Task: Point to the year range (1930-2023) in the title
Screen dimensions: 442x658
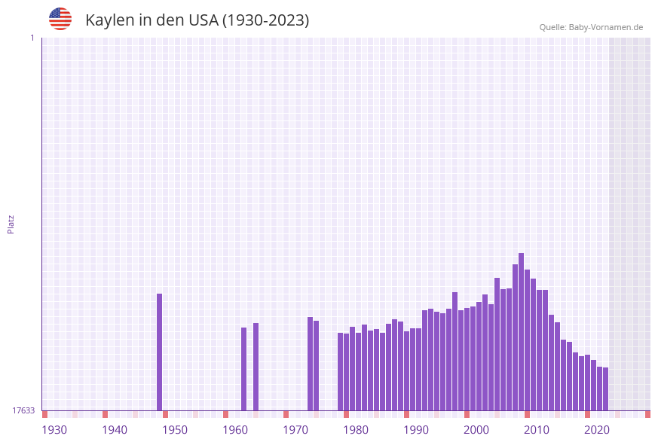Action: click(x=266, y=20)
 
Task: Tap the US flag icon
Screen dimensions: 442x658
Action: click(x=60, y=19)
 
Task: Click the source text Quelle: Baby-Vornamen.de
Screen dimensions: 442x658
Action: click(x=591, y=27)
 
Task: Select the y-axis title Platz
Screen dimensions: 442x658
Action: click(x=11, y=224)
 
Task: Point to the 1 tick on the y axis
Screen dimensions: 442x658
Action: click(x=32, y=38)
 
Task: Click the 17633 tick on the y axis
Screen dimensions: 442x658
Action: click(x=23, y=410)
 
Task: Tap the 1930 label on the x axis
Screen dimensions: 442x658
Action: click(x=54, y=430)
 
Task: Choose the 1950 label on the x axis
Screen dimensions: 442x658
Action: click(x=175, y=430)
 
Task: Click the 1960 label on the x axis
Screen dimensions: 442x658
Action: click(x=235, y=430)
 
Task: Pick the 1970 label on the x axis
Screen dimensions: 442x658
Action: click(x=295, y=430)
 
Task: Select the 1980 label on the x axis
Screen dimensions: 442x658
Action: click(x=356, y=430)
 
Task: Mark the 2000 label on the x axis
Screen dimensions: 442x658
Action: click(x=476, y=430)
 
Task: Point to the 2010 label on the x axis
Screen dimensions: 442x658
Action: click(x=537, y=430)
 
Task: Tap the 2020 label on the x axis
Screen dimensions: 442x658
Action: click(x=597, y=430)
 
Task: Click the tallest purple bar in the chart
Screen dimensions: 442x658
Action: click(x=521, y=331)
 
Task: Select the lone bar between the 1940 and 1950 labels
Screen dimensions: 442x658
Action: click(x=159, y=352)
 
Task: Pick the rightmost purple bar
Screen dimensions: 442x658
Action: click(x=605, y=389)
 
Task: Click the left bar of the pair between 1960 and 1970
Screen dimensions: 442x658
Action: click(x=243, y=369)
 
